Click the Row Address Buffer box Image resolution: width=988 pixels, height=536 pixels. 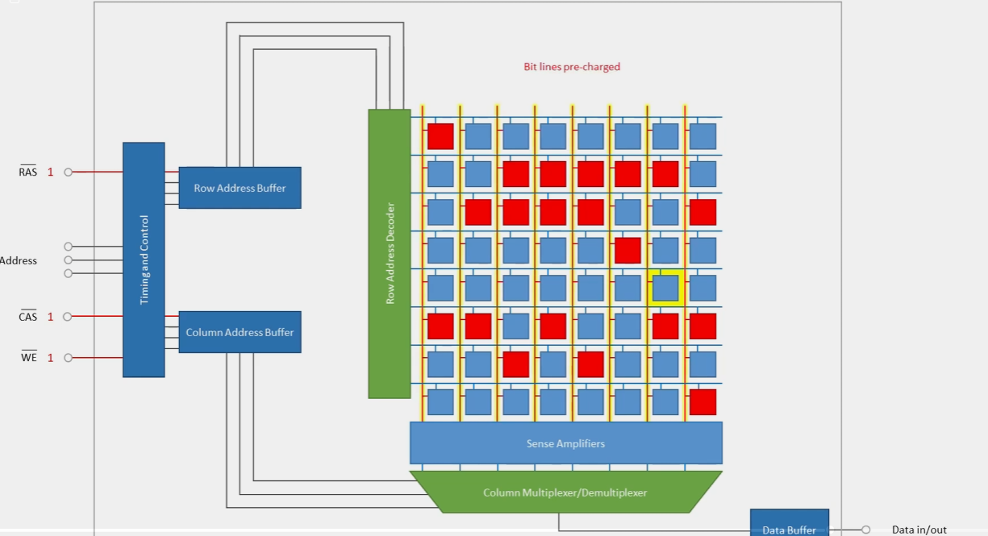tap(240, 188)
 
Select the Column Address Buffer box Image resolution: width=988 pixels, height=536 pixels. tap(240, 332)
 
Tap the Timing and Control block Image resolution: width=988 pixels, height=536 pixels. tap(144, 260)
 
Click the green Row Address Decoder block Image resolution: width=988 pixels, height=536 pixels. tap(390, 254)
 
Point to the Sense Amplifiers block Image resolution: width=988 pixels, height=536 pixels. tap(566, 443)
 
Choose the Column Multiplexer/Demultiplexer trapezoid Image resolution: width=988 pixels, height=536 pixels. tap(566, 492)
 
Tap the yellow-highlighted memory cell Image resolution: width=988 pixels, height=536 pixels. tap(665, 289)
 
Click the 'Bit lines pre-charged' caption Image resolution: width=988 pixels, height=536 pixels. tap(572, 67)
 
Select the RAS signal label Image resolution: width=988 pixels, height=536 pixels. tap(27, 171)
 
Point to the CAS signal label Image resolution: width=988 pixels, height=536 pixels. tap(27, 316)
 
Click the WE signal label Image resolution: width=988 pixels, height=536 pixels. tap(29, 356)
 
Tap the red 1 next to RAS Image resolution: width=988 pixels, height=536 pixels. tap(50, 172)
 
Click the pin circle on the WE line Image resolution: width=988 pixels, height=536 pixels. tap(68, 358)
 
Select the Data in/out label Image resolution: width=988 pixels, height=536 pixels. tap(919, 530)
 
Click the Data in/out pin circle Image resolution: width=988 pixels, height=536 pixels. tap(866, 530)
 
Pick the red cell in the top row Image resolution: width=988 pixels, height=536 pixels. tap(440, 136)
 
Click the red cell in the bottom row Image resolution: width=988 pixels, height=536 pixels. tap(702, 402)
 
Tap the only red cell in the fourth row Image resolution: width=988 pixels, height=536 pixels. tap(627, 251)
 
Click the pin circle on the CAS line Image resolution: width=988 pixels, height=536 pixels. tap(68, 317)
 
